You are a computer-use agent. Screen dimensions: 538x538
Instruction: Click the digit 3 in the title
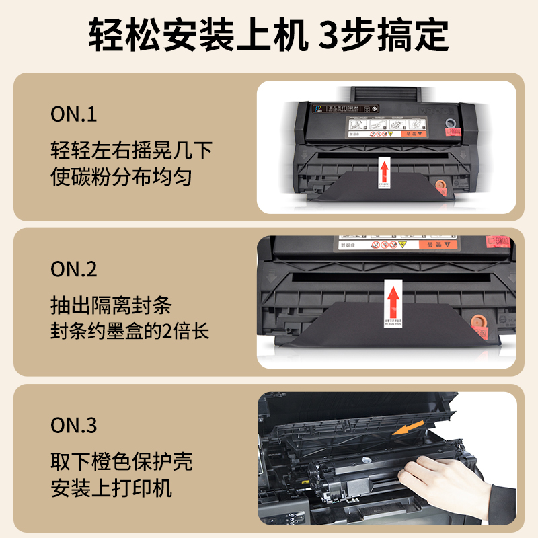[x=331, y=34]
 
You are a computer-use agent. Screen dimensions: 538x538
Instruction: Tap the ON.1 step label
[x=74, y=114]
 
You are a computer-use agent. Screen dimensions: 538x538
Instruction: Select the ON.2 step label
[x=74, y=269]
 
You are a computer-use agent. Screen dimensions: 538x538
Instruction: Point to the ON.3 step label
[x=74, y=425]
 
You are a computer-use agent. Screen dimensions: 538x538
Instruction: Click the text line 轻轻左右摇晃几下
[x=131, y=149]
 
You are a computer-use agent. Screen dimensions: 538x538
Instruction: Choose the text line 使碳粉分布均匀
[x=121, y=176]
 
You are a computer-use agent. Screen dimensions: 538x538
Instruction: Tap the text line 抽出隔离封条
[x=111, y=305]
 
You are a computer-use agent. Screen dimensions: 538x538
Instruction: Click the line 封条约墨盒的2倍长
[x=130, y=332]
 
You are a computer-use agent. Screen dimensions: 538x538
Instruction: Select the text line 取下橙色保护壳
[x=121, y=461]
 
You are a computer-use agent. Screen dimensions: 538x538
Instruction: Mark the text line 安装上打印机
[x=111, y=488]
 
